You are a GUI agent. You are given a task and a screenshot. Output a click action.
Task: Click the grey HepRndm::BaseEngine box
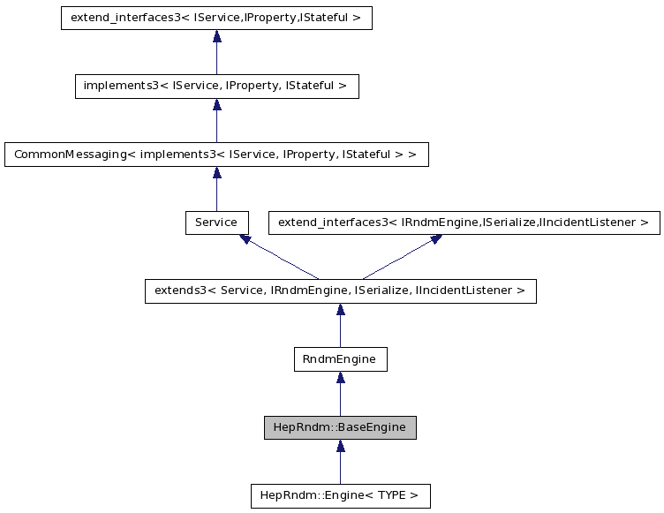[x=340, y=427]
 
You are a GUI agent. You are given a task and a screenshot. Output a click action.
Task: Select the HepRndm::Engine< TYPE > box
[x=340, y=495]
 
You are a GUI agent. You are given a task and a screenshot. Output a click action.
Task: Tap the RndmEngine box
[x=340, y=359]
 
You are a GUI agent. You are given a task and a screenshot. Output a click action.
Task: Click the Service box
[x=216, y=223]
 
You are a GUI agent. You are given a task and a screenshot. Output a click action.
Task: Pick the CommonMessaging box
[x=216, y=155]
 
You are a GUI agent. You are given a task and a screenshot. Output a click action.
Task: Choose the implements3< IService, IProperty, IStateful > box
[x=216, y=87]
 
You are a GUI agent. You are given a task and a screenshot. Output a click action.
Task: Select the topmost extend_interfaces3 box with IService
[x=216, y=19]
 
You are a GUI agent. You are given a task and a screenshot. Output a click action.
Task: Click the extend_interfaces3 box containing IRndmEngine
[x=464, y=223]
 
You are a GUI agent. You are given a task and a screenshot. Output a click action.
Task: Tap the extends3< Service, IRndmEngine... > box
[x=340, y=290]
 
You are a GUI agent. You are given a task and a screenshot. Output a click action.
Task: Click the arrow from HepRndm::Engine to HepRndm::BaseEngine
[x=340, y=462]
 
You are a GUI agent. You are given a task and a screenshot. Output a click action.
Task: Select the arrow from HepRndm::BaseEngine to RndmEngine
[x=340, y=394]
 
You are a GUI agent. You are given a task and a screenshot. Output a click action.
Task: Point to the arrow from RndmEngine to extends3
[x=340, y=326]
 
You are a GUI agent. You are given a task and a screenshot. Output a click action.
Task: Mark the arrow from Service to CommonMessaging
[x=216, y=189]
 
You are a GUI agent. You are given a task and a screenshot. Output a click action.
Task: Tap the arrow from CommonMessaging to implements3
[x=216, y=121]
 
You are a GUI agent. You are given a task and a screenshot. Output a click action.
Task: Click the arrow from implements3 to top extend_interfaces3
[x=216, y=53]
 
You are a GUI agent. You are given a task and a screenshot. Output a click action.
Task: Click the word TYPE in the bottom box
[x=393, y=495]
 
